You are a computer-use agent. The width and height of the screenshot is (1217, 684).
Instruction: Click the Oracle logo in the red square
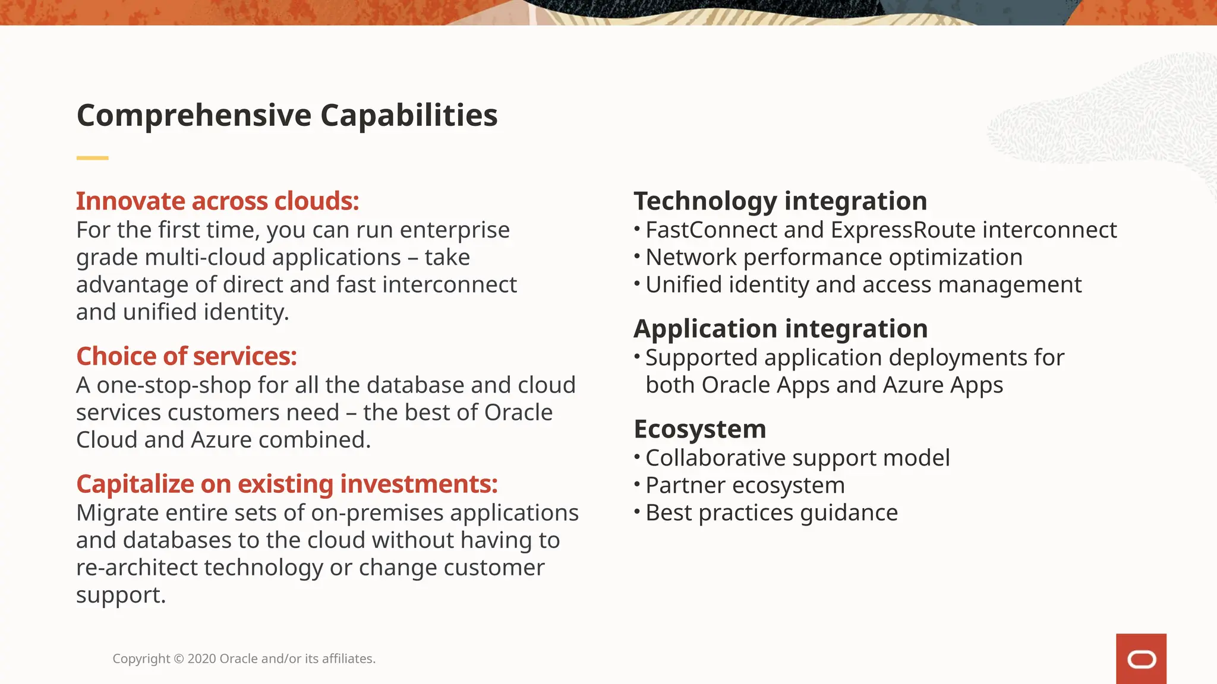1141,659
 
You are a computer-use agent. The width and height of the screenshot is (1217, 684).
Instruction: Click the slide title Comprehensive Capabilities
287,115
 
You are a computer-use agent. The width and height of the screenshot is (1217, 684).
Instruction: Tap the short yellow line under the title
92,158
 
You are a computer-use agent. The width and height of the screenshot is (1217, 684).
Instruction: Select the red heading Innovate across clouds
217,201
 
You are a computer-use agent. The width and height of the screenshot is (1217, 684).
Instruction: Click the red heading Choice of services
186,356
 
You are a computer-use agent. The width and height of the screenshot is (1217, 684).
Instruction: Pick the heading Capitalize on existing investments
286,484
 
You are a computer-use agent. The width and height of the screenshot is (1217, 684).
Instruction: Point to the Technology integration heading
780,201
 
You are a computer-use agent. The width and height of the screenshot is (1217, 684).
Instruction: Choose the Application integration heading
780,329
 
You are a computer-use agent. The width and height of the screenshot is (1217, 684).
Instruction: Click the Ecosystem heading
699,429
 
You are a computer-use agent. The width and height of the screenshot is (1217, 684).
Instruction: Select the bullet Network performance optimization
834,258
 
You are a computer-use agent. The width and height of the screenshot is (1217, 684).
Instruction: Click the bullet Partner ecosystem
745,486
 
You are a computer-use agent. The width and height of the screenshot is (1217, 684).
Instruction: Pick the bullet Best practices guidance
771,513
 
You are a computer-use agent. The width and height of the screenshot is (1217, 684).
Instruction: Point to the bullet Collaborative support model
797,458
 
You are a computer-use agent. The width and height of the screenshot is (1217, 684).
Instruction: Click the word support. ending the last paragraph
121,596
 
